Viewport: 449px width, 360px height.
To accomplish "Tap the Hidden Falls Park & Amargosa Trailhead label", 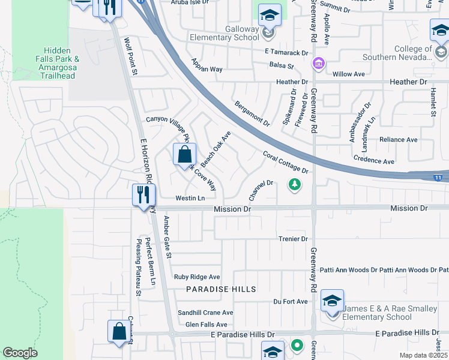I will point(57,62).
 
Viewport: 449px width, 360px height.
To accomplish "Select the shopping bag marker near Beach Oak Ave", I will point(184,154).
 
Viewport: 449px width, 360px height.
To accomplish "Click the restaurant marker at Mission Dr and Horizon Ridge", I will point(143,194).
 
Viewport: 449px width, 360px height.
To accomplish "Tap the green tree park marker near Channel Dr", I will point(294,184).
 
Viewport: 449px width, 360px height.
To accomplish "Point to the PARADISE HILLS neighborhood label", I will point(221,289).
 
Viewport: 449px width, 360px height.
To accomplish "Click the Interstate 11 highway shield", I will point(439,178).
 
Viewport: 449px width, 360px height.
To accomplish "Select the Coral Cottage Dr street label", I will point(285,163).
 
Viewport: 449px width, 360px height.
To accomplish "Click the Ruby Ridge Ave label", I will point(197,277).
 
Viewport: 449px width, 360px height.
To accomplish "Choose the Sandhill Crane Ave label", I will point(205,313).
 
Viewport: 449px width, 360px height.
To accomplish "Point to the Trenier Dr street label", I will point(293,239).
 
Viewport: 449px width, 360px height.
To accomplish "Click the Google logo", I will point(20,353).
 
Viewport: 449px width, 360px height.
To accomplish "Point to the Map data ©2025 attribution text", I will point(423,355).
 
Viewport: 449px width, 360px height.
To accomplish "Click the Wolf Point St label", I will point(130,56).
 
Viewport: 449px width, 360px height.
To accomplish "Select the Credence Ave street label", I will point(373,161).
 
